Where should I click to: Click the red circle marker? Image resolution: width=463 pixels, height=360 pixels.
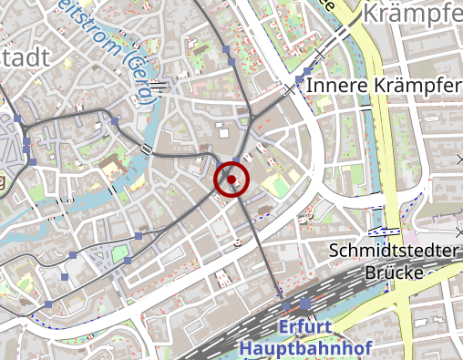231,180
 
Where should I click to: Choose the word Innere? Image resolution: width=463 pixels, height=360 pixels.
337,85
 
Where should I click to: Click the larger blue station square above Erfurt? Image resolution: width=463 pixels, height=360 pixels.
304,303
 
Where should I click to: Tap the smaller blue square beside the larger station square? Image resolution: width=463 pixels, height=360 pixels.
286,304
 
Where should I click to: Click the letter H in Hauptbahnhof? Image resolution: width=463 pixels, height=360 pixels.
243,348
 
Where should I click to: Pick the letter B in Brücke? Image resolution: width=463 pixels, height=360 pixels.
370,273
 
